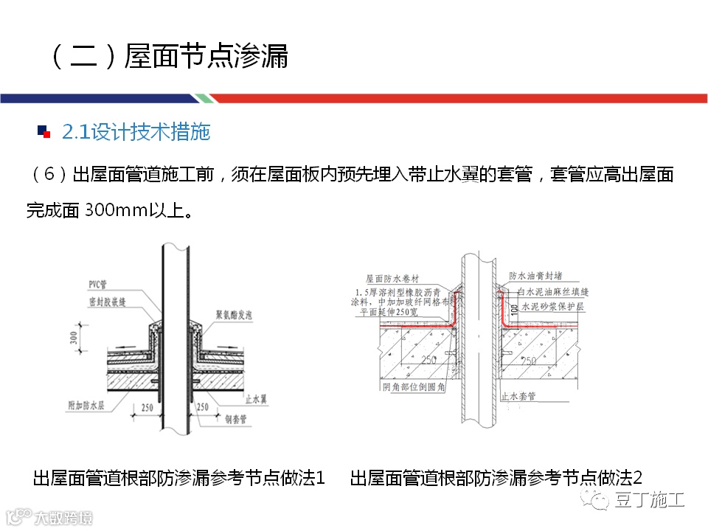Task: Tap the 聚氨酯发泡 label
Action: (236, 313)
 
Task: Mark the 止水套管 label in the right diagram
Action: (519, 396)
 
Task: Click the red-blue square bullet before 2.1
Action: (44, 132)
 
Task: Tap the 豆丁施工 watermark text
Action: (649, 500)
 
